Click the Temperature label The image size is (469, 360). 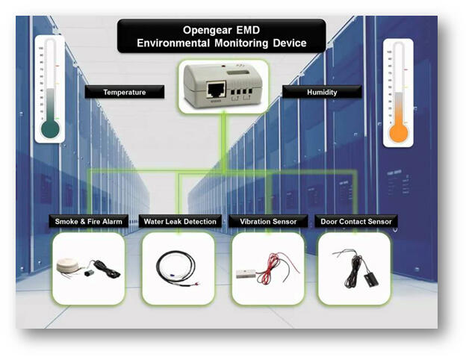pyautogui.click(x=124, y=93)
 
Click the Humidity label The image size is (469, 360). pyautogui.click(x=321, y=93)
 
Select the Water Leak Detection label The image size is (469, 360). pyautogui.click(x=178, y=222)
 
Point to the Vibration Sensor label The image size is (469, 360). pyautogui.click(x=268, y=222)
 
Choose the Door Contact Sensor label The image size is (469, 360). pyautogui.click(x=355, y=222)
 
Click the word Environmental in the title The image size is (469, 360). pyautogui.click(x=175, y=43)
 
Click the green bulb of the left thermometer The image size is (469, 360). pyautogui.click(x=51, y=129)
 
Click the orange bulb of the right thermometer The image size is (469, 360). pyautogui.click(x=398, y=133)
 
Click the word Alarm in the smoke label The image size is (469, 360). pyautogui.click(x=112, y=222)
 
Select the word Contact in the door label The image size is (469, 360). pyautogui.click(x=353, y=222)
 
